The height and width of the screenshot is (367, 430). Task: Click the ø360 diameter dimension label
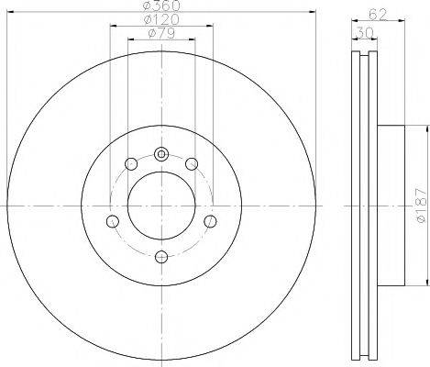pos(160,7)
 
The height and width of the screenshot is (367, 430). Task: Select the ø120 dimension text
pos(162,20)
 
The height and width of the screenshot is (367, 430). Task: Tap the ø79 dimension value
pos(162,35)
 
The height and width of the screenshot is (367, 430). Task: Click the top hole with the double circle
pos(161,153)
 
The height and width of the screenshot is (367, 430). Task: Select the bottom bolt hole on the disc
pos(161,256)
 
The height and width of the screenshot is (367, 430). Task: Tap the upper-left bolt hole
pos(130,164)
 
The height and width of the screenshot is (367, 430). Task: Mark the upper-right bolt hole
pos(192,164)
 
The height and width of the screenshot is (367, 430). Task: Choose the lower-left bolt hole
pos(113,221)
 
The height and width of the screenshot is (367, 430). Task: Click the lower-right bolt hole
pos(210,221)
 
